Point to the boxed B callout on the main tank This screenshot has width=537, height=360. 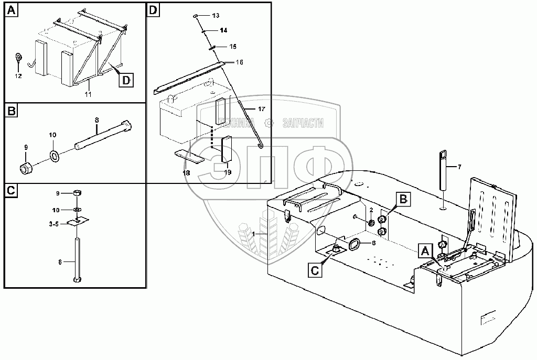tap(402, 199)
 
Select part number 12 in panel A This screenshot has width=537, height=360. tap(19, 76)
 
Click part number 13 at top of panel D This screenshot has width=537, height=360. tap(215, 16)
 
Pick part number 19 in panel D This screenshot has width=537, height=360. tap(228, 171)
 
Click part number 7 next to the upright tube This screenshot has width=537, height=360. tap(459, 167)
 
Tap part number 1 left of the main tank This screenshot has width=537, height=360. tap(253, 233)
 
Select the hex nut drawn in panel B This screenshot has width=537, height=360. tap(25, 169)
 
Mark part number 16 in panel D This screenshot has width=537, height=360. tap(239, 62)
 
